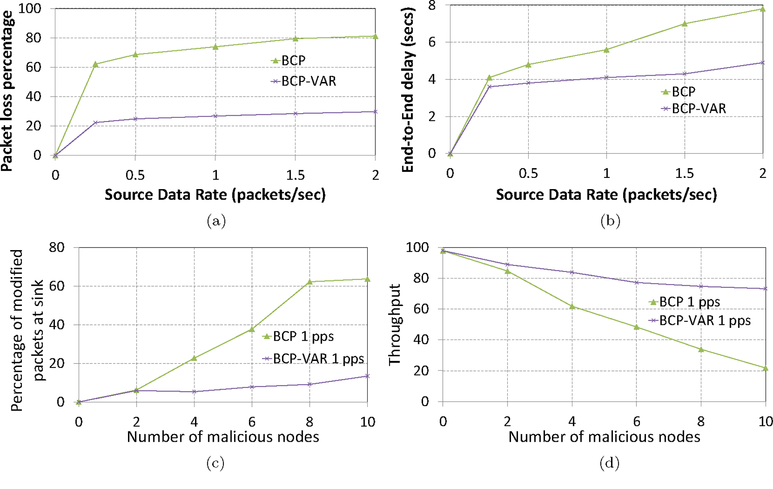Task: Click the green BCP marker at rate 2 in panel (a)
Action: (x=375, y=37)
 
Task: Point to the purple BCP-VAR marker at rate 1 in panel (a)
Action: (x=215, y=116)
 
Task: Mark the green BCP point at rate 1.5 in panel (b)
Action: (x=685, y=24)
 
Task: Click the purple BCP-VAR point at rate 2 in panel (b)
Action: (x=763, y=63)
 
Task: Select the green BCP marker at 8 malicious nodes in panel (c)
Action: (x=310, y=282)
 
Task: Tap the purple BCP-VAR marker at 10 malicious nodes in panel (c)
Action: (x=367, y=376)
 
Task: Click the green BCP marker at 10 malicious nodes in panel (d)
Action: (x=765, y=368)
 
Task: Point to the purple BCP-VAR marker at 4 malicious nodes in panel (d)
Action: (x=572, y=272)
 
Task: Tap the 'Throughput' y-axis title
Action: (x=394, y=325)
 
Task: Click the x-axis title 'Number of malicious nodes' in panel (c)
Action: (x=223, y=437)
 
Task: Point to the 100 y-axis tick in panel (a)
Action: (x=30, y=9)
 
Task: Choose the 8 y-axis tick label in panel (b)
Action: (x=432, y=6)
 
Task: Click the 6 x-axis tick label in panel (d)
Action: (x=636, y=422)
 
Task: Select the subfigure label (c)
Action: (x=215, y=463)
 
